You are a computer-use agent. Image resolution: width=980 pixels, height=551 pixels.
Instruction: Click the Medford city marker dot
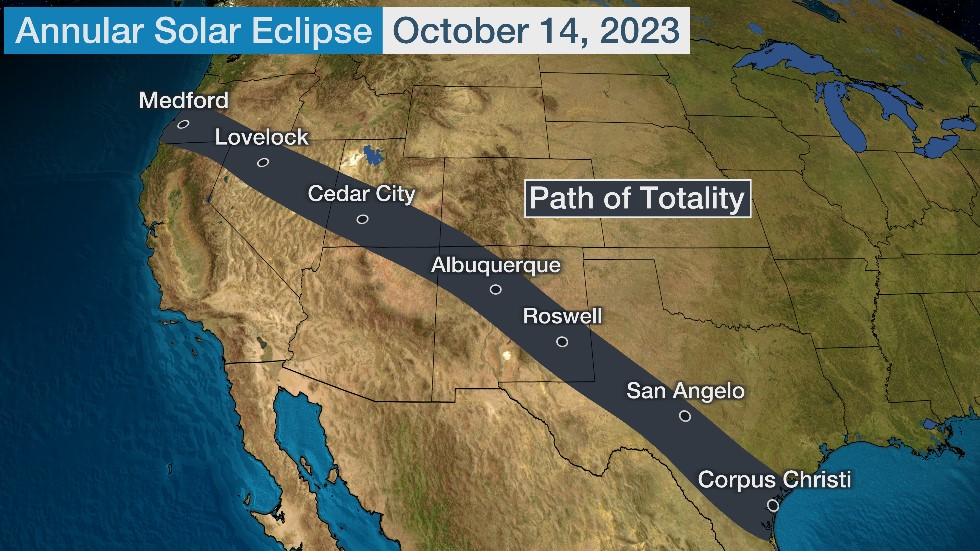183,125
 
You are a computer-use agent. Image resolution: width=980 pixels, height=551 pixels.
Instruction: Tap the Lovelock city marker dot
262,162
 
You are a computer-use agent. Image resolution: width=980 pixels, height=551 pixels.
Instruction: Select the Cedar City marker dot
362,219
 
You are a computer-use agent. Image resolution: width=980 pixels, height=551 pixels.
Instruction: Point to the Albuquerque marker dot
496,290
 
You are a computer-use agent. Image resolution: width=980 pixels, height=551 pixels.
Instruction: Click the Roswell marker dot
562,342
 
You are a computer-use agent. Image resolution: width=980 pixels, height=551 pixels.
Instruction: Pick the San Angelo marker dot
685,416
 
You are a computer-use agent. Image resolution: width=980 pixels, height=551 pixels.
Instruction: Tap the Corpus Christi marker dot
772,505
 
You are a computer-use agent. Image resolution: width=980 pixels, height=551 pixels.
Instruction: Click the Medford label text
183,100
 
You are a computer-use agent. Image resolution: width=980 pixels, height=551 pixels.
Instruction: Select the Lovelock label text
262,138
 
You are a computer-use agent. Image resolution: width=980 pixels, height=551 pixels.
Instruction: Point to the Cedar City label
361,194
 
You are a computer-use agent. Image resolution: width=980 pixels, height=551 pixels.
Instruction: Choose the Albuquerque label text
496,265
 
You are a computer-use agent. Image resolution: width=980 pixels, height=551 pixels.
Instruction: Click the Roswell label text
563,317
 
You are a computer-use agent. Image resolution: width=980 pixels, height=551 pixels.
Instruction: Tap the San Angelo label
686,391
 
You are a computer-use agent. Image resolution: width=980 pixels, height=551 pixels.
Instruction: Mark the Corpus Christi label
774,480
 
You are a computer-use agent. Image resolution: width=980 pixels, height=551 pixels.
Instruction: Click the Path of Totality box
637,198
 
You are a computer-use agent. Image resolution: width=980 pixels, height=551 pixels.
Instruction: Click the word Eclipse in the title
325,30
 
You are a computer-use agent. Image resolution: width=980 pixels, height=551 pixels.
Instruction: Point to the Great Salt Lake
373,157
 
